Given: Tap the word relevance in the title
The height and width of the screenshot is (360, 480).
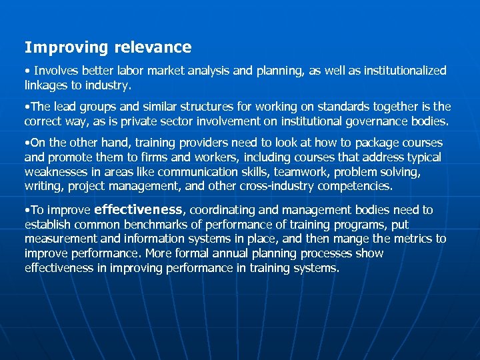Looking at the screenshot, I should (x=153, y=47).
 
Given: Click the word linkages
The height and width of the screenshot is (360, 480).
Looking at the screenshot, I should (x=47, y=85).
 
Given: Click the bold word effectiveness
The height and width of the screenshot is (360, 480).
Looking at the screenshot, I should (x=138, y=209).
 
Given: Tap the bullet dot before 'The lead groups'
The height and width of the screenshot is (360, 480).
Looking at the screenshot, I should (x=26, y=107).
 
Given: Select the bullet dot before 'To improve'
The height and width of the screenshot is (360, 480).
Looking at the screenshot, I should (x=26, y=210).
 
